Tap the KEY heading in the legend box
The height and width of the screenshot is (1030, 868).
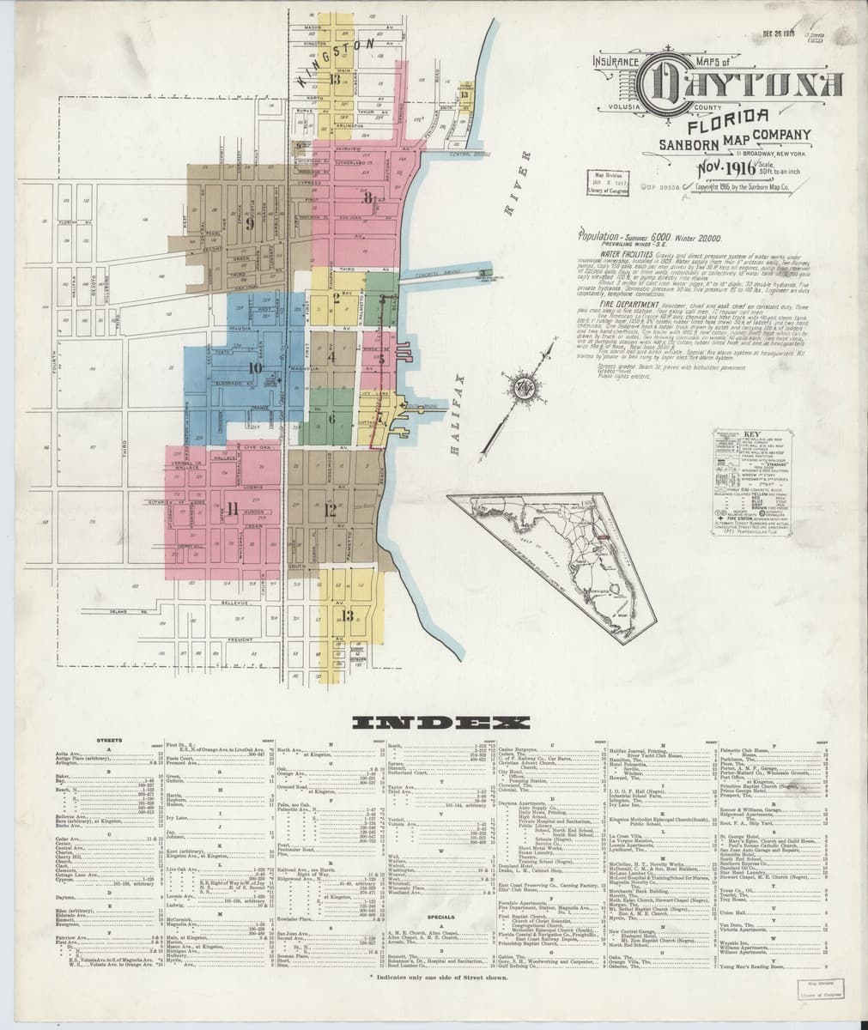[x=753, y=433]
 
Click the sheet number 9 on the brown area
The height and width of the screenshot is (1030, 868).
[x=250, y=225]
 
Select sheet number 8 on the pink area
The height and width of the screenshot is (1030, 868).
[x=367, y=198]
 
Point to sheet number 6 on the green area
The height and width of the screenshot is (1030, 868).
[x=331, y=419]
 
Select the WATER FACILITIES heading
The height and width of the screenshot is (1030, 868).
[x=633, y=255]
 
